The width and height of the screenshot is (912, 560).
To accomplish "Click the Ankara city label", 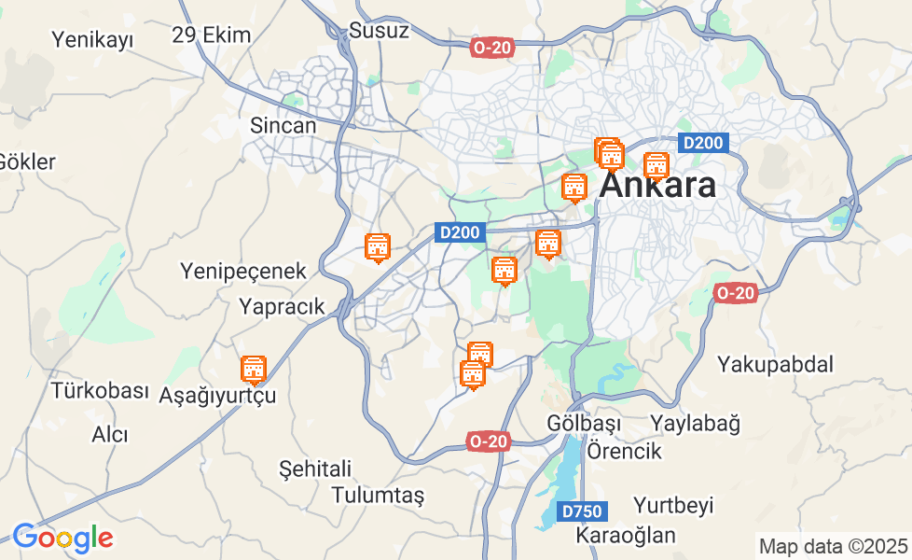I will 658,185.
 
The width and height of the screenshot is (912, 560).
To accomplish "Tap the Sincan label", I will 283,125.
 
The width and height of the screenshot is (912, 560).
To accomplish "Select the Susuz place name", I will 380,30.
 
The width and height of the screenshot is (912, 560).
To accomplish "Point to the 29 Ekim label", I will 212,35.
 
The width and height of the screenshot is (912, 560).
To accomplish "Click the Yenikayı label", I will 92,39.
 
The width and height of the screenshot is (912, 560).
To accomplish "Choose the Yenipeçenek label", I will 243,272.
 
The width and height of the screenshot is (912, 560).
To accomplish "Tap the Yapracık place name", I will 282,306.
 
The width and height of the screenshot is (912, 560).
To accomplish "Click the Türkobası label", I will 100,390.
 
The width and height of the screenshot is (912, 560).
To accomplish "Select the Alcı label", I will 110,434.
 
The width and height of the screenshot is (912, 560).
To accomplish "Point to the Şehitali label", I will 315,469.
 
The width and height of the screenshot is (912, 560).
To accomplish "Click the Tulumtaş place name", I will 378,495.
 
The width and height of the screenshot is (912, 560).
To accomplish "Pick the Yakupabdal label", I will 776,364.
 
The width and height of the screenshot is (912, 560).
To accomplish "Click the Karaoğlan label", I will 625,536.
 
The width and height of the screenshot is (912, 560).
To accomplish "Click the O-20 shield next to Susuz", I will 491,47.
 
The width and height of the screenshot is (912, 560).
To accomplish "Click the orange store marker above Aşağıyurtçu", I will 254,371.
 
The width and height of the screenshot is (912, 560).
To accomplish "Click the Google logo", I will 62,539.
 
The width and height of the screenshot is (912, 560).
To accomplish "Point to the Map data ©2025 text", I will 833,546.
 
